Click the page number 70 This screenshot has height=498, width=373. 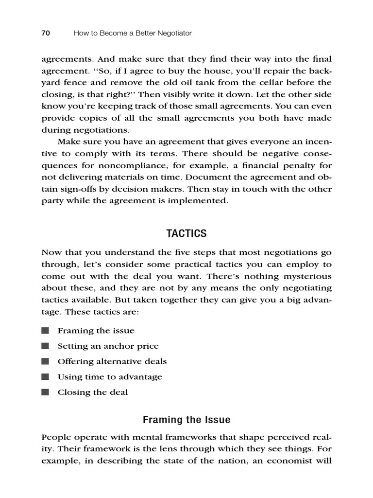[x=46, y=33]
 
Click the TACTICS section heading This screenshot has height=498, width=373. [x=186, y=233]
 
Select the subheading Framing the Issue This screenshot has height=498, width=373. [x=186, y=420]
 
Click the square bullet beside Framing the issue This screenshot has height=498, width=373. [x=45, y=331]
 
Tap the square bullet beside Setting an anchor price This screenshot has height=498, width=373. [x=45, y=346]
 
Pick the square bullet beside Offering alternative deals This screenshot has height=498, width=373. [x=45, y=361]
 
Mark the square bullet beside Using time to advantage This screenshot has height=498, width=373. [x=45, y=376]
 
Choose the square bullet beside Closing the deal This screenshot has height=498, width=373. [x=45, y=392]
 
